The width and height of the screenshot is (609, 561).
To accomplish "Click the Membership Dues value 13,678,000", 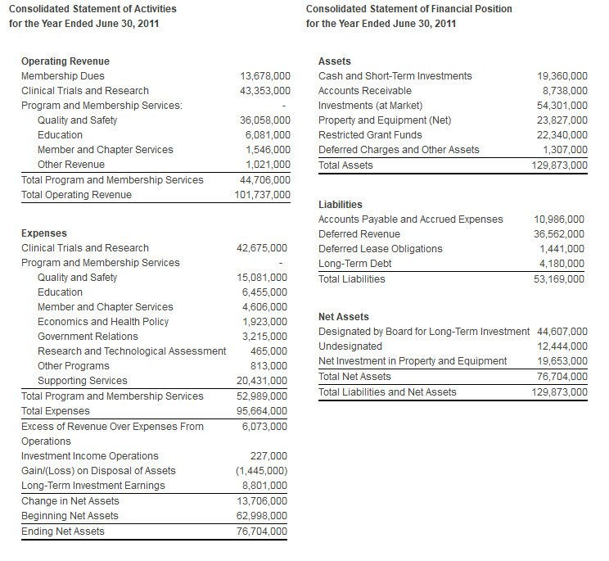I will (x=264, y=76).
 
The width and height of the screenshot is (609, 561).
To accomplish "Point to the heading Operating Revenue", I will (x=65, y=61).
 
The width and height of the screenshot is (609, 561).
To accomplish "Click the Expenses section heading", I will (x=44, y=233).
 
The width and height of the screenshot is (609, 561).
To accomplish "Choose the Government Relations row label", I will (x=88, y=337).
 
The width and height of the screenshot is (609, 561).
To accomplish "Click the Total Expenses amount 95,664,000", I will (x=262, y=411).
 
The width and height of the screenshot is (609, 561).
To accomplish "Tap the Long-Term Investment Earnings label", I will (x=92, y=486).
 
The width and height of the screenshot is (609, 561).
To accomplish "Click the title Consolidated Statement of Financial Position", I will (x=408, y=9).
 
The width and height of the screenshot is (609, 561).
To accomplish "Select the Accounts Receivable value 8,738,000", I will (x=565, y=91).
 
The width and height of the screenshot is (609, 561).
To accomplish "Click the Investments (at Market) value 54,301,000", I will (x=562, y=106).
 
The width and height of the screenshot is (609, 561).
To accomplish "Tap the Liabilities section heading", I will (x=340, y=205).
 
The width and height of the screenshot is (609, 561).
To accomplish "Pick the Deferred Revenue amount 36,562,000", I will (x=559, y=234).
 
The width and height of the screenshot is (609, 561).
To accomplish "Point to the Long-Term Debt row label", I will (x=354, y=264).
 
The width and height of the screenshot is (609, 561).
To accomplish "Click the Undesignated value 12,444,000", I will (x=562, y=346).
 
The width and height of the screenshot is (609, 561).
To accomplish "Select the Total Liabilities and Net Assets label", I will (x=387, y=392).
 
